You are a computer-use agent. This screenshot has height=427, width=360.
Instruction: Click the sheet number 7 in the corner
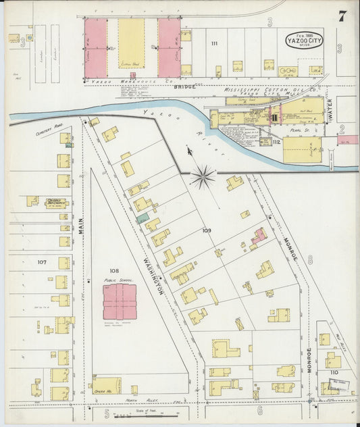(342, 16)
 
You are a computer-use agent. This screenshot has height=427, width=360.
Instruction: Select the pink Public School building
(120, 301)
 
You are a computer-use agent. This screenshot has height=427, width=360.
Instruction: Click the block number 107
(42, 262)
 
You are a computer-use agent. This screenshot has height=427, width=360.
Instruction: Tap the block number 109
(206, 231)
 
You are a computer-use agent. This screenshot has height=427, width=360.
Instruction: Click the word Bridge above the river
(184, 86)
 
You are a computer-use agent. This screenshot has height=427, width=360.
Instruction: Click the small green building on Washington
(142, 218)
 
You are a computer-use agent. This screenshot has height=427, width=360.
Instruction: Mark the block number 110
(334, 372)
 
